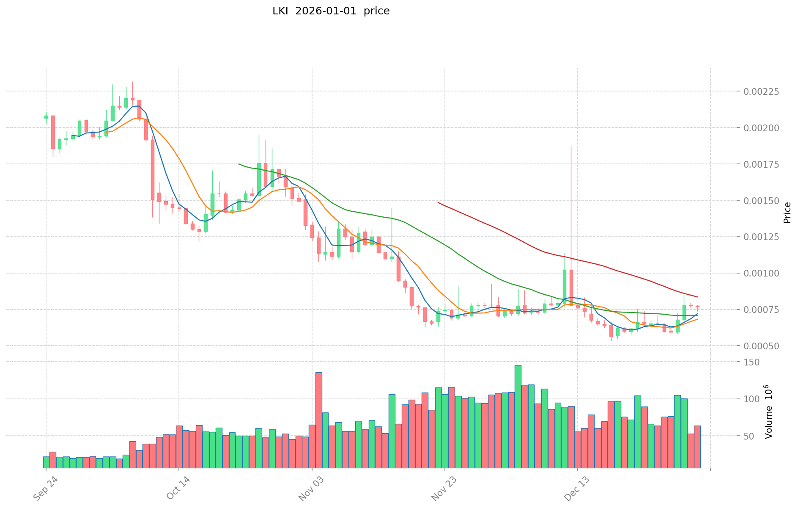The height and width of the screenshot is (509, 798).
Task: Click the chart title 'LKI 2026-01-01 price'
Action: point(331,11)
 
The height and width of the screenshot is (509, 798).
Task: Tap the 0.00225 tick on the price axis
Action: point(760,91)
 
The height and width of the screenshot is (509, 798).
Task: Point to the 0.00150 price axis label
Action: point(760,200)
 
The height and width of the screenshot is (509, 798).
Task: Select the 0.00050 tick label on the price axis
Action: point(760,346)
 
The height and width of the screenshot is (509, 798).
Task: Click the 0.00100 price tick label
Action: point(760,273)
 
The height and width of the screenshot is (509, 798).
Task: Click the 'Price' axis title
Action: point(787,213)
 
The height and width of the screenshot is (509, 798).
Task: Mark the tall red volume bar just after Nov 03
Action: point(319,419)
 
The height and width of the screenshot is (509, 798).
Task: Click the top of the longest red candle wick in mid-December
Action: point(571,146)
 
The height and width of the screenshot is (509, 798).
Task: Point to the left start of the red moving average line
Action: point(438,202)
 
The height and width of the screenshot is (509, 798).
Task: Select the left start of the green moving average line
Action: point(239,164)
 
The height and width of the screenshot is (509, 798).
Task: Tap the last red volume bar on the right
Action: point(697,446)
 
